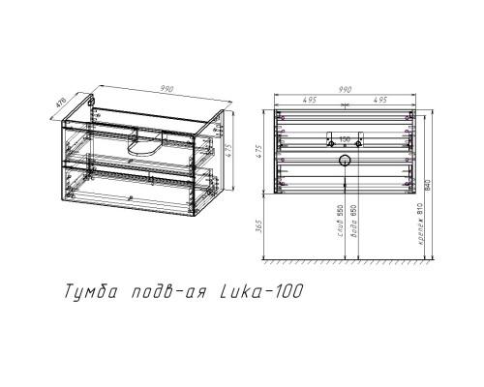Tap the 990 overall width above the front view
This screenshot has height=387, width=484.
345,88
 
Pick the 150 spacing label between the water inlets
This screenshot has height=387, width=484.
344,138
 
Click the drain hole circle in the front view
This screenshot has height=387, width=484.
344,158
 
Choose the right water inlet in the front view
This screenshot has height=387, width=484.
359,134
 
